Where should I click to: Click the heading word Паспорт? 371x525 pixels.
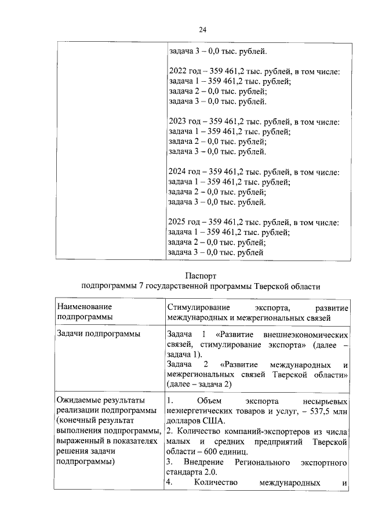point(201,276)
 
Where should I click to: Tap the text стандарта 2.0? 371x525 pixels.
point(194,472)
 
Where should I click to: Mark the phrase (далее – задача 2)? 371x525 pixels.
point(199,385)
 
